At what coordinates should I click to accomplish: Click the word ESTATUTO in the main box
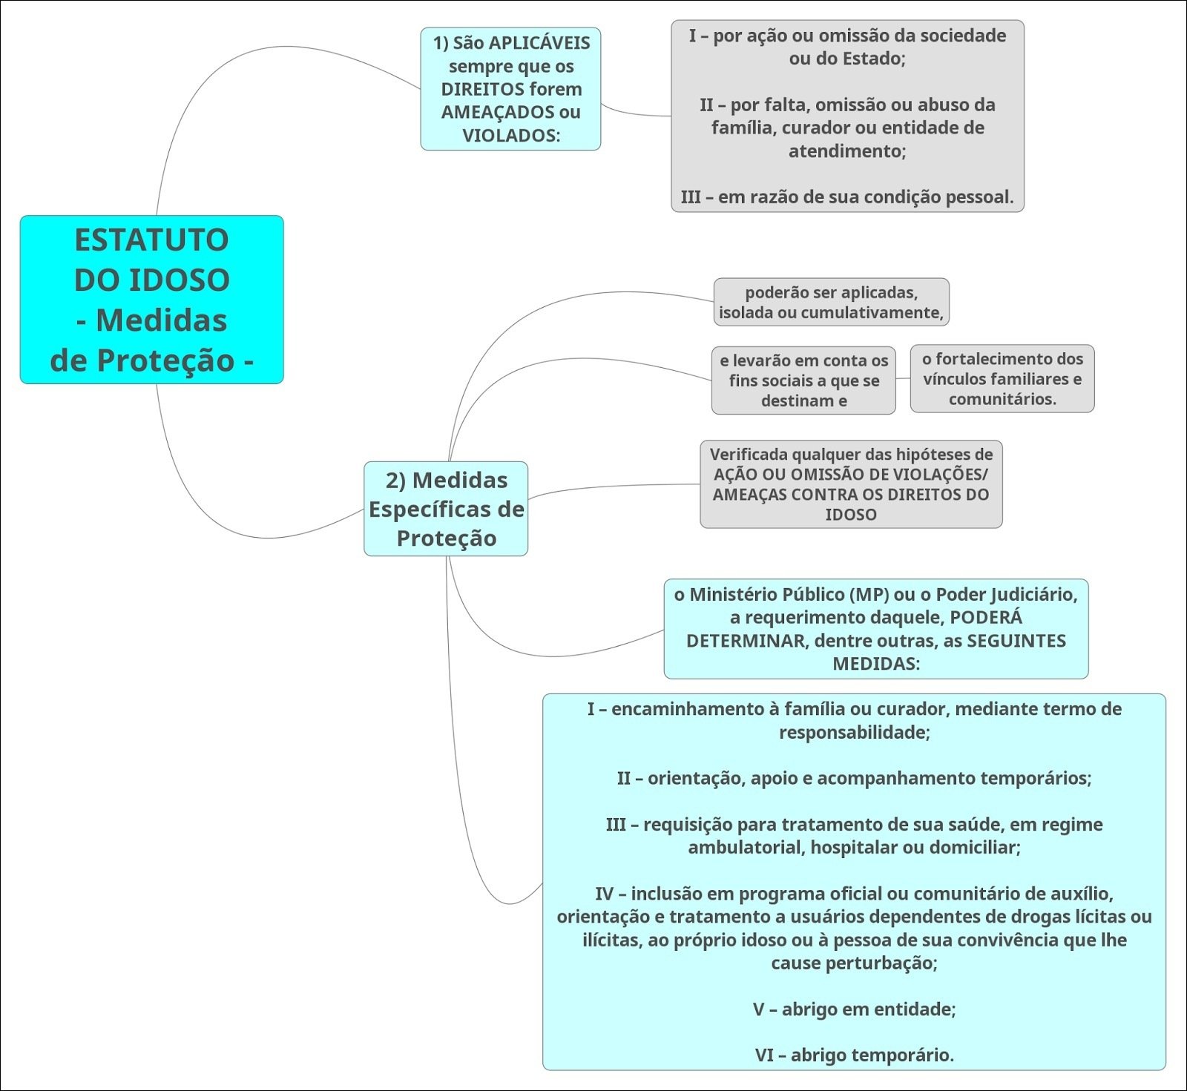coord(151,240)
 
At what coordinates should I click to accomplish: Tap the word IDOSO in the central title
coord(180,280)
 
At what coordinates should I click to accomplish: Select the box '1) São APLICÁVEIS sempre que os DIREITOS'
coord(510,89)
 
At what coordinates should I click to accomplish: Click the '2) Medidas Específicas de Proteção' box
coord(446,509)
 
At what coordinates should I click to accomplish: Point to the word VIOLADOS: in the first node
coord(511,136)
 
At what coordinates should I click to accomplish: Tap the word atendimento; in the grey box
coord(847,151)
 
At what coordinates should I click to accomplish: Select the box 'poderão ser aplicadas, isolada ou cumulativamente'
coord(831,302)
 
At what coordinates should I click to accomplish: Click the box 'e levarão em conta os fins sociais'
coord(803,380)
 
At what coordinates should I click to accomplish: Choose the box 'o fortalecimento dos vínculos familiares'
coord(1002,378)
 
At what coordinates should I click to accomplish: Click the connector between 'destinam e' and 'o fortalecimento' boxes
coord(903,378)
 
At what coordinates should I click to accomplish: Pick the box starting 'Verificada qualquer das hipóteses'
coord(851,484)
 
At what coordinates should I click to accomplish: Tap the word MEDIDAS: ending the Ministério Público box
coord(876,664)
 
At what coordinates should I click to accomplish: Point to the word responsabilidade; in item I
coord(854,733)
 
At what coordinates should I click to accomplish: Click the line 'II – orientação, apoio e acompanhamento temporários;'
coord(854,779)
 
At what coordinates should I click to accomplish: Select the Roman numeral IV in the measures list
coord(605,894)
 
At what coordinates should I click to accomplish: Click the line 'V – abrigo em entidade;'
coord(854,1009)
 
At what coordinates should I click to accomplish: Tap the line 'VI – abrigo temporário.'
coord(854,1055)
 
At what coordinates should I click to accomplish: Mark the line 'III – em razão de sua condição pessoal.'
coord(847,197)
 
